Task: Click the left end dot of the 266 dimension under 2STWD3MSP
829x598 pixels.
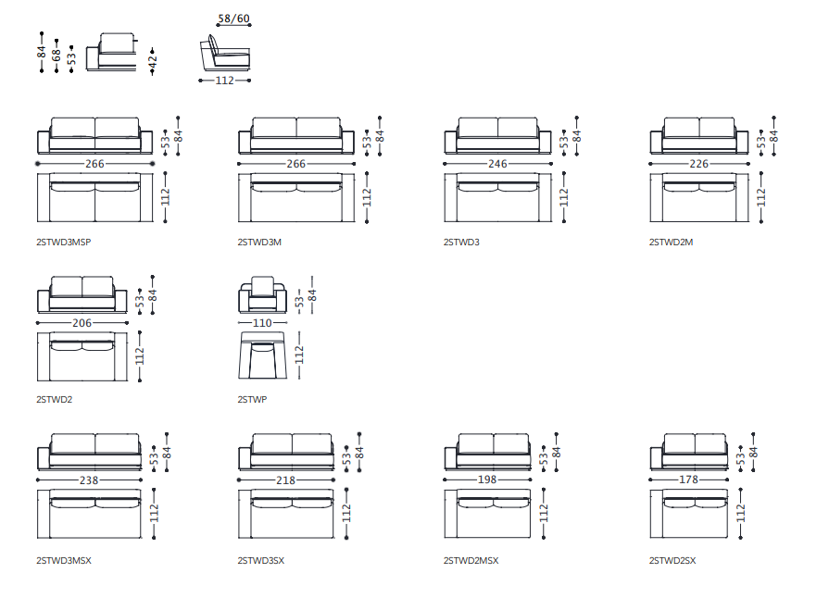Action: click(x=38, y=164)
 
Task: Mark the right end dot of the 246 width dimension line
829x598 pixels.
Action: click(x=551, y=164)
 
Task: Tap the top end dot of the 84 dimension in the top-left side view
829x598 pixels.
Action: click(x=42, y=34)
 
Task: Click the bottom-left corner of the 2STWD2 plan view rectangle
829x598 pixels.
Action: click(x=38, y=380)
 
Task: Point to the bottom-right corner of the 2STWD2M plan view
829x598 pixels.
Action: click(x=748, y=221)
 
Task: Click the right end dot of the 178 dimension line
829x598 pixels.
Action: click(x=727, y=480)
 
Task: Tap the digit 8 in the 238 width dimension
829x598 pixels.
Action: click(x=94, y=480)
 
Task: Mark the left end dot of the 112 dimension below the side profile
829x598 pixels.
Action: click(x=200, y=81)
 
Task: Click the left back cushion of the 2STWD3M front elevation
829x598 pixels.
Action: click(x=274, y=128)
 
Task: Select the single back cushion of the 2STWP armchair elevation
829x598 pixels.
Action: click(x=262, y=286)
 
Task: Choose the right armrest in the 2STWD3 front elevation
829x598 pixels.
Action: click(x=545, y=142)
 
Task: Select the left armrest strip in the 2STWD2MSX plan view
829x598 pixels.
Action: click(x=450, y=514)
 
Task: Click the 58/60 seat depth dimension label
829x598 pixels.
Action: click(x=233, y=19)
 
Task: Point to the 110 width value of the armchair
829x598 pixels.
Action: click(x=262, y=323)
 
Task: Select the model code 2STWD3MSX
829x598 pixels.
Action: click(x=64, y=560)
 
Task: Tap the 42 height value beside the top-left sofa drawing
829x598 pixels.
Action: click(x=152, y=61)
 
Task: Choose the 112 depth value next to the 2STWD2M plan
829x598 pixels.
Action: click(x=760, y=197)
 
